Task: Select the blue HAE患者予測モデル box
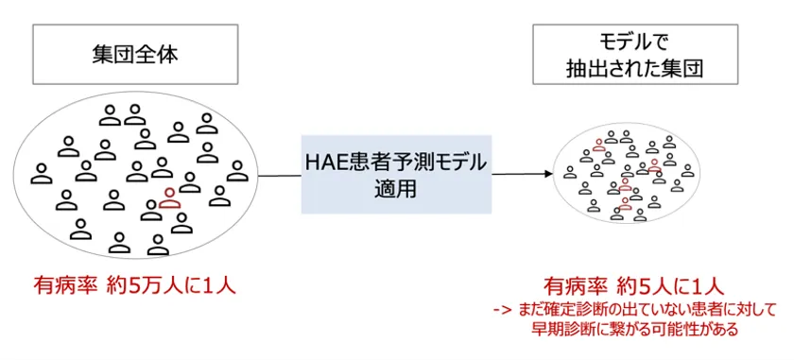[396, 175]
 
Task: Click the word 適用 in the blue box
[396, 189]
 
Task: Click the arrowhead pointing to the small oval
[545, 175]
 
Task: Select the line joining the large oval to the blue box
[279, 175]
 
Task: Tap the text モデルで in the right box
[629, 43]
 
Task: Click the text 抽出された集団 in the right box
[630, 69]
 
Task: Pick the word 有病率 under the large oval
[64, 285]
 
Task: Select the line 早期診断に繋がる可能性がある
[628, 329]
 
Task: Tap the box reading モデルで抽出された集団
[629, 56]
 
